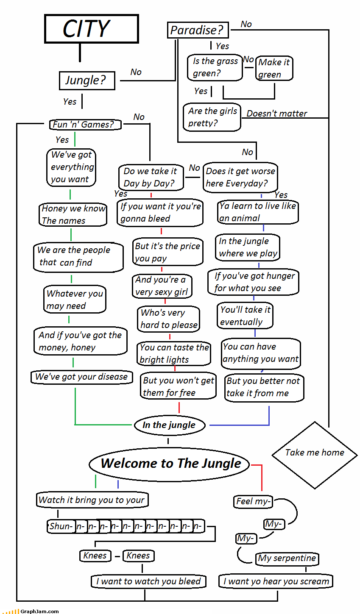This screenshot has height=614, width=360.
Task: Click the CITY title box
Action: (x=91, y=29)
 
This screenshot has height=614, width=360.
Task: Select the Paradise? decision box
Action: (x=198, y=30)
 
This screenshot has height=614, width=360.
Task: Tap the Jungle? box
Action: (x=87, y=81)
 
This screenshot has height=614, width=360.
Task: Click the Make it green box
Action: (x=274, y=68)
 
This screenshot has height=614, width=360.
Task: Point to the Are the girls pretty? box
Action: (x=212, y=117)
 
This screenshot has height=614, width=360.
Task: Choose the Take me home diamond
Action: (x=315, y=453)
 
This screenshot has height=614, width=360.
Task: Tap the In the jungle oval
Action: (x=170, y=425)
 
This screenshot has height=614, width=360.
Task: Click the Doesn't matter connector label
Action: (x=276, y=114)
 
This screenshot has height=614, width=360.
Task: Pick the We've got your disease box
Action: (x=81, y=377)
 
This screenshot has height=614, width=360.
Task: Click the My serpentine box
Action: (x=287, y=558)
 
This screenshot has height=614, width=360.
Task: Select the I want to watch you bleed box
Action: (x=148, y=581)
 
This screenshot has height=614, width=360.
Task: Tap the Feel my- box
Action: (x=253, y=502)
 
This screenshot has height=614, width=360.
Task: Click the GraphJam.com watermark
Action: (x=40, y=611)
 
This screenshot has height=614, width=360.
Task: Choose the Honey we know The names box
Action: (x=73, y=214)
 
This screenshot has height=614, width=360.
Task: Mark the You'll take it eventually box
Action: (x=245, y=316)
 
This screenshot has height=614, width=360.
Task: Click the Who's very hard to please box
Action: (x=169, y=319)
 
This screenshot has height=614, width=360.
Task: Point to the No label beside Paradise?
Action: (x=246, y=24)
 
